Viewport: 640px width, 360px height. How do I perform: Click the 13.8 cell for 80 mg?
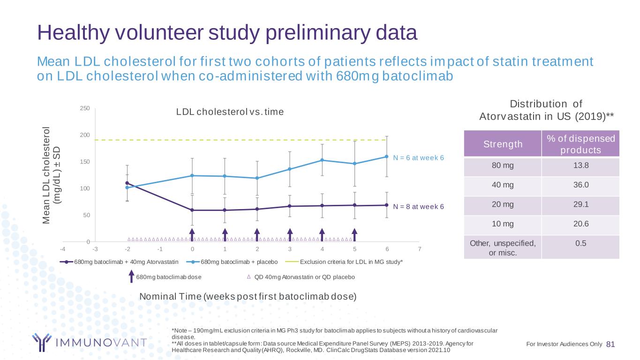coord(580,165)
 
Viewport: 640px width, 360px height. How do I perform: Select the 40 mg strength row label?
coord(502,185)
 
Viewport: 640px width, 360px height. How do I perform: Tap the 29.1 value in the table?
coord(580,204)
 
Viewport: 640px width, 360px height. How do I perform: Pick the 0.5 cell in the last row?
coord(580,243)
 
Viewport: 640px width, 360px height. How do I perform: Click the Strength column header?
coord(502,144)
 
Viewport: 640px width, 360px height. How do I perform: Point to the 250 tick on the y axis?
coord(85,109)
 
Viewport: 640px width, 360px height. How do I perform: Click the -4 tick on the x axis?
coord(63,248)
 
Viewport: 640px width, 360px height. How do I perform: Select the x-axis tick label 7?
coord(420,248)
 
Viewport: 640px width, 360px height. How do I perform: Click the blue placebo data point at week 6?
coord(387,157)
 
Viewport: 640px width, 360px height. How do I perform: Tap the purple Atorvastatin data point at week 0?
coord(192,210)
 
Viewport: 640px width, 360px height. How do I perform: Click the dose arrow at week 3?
coord(290,234)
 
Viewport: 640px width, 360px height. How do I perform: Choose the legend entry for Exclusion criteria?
coord(351,262)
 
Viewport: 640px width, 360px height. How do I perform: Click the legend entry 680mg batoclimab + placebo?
coord(239,262)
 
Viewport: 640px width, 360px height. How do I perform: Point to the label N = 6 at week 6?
coord(418,157)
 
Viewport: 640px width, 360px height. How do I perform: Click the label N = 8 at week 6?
coord(418,206)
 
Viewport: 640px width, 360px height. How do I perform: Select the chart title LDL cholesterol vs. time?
coord(230,112)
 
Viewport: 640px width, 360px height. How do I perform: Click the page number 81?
coord(610,344)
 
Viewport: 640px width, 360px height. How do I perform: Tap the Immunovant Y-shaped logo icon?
coord(41,342)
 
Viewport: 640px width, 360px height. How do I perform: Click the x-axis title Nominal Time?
coord(248,296)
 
